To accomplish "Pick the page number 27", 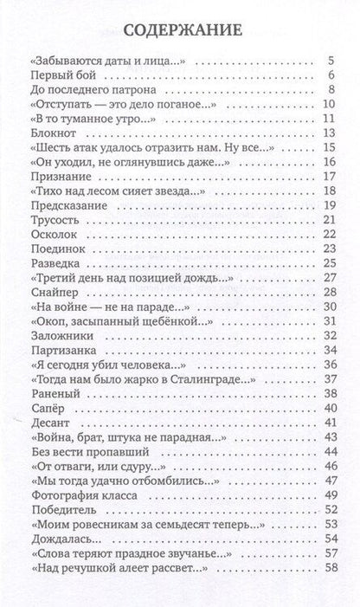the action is pos(328,277).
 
